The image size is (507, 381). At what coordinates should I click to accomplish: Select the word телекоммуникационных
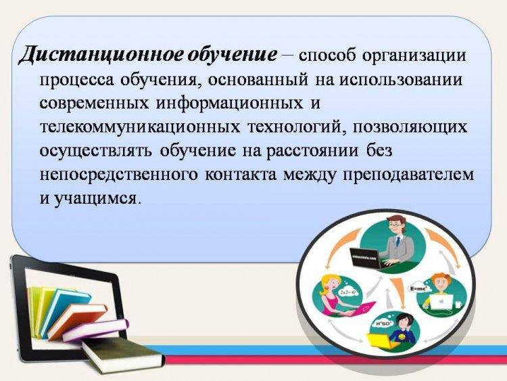(x=140, y=127)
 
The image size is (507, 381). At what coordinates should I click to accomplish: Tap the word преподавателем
(x=408, y=175)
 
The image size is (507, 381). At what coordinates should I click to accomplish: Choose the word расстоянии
(x=312, y=151)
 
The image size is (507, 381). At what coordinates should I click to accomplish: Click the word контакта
(x=241, y=175)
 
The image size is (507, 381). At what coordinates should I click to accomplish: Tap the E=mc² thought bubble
(x=418, y=288)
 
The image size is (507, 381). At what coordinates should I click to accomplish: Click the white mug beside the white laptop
(x=458, y=305)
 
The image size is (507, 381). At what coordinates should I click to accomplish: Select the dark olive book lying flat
(x=123, y=355)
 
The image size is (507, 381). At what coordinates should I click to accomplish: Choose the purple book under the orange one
(x=96, y=330)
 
